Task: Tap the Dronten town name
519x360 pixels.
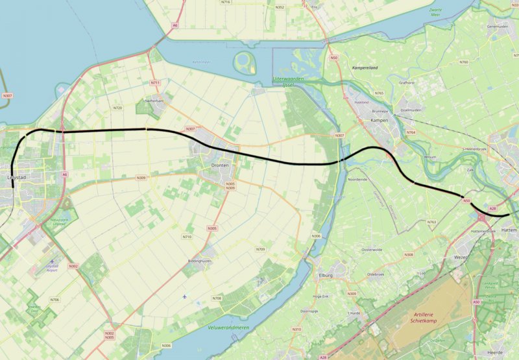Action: (x=220, y=166)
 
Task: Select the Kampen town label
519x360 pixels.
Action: (x=378, y=121)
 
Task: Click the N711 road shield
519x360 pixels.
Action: (x=155, y=83)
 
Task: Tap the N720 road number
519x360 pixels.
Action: (x=117, y=107)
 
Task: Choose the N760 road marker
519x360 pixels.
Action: (x=463, y=62)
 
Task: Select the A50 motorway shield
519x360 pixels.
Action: (x=476, y=302)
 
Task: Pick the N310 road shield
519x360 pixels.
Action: (x=296, y=330)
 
